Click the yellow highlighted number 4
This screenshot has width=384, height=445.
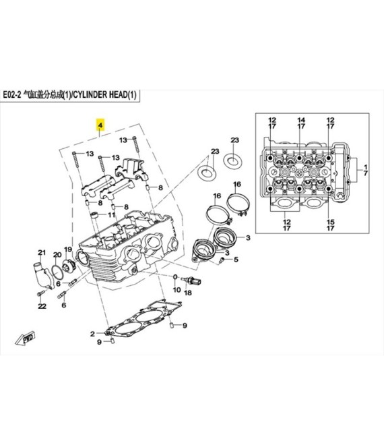[x=100, y=126]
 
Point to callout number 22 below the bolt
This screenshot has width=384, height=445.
[x=41, y=307]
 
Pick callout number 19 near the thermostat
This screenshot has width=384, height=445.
[x=68, y=250]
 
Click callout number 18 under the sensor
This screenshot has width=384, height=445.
[x=189, y=293]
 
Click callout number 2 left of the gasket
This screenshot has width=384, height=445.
[x=93, y=334]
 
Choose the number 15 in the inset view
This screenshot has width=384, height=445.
[x=330, y=222]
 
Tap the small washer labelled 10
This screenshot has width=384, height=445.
[x=175, y=277]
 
